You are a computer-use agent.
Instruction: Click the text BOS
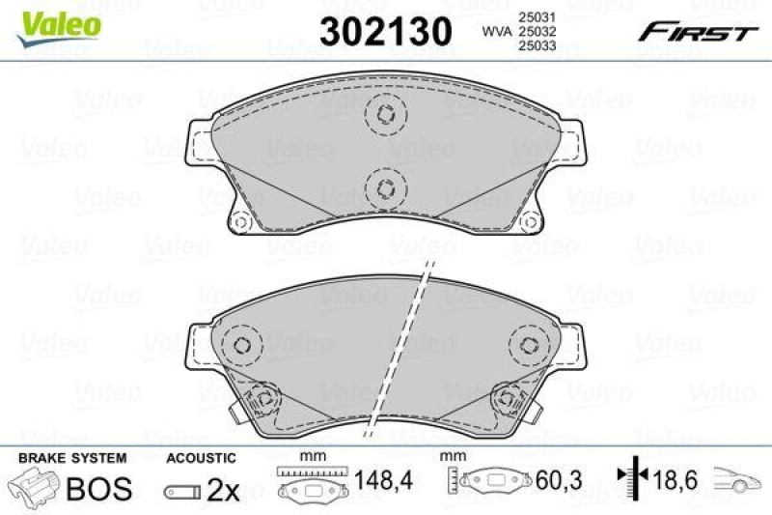[x=98, y=489]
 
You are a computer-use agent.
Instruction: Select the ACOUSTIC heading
[x=201, y=458]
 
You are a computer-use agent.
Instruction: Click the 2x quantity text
[x=224, y=490]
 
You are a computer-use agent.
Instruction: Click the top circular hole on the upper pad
[x=384, y=114]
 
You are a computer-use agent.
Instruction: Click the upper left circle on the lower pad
[x=241, y=344]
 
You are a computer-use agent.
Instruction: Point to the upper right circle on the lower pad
[x=529, y=344]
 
